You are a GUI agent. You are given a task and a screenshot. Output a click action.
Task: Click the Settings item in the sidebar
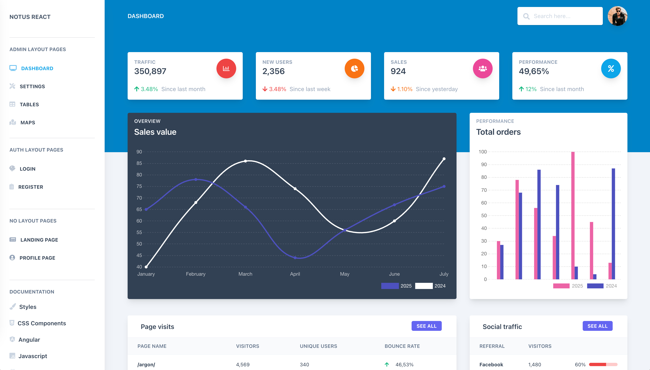pyautogui.click(x=32, y=86)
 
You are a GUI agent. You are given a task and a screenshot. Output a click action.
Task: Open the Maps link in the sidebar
pyautogui.click(x=27, y=122)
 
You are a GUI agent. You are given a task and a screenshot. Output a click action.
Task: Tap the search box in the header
pyautogui.click(x=560, y=16)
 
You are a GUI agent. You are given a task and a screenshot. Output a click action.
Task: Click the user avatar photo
pyautogui.click(x=617, y=16)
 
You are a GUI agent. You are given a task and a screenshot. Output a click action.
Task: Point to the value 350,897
pyautogui.click(x=150, y=71)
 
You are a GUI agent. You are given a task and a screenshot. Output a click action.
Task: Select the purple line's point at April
pyautogui.click(x=295, y=258)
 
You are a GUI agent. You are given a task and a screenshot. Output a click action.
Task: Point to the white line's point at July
pyautogui.click(x=444, y=159)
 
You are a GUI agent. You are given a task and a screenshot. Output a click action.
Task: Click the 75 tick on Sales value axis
pyautogui.click(x=139, y=186)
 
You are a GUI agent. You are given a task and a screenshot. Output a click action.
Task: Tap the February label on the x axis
pyautogui.click(x=196, y=274)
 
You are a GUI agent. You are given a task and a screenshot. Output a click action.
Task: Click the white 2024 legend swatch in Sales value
pyautogui.click(x=424, y=286)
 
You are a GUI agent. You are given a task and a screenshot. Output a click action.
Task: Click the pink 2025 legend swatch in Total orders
pyautogui.click(x=561, y=286)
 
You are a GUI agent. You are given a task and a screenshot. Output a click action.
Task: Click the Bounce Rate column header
pyautogui.click(x=402, y=346)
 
